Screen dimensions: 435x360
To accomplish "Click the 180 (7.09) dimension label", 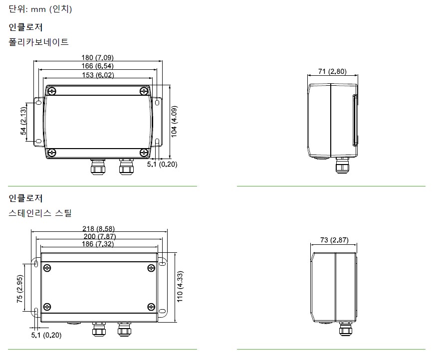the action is coord(97,57).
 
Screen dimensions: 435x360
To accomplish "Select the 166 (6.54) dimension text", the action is coord(97,66).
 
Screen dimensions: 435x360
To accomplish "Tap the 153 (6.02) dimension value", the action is coord(98,75).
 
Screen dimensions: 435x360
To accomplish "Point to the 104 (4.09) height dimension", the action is coord(174,122).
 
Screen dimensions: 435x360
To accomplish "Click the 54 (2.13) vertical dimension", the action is coord(23,121).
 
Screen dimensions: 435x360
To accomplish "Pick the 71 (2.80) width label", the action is coord(332,71).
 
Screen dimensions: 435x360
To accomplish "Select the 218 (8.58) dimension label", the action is coord(98,228).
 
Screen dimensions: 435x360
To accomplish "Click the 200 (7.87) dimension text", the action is coord(100,236).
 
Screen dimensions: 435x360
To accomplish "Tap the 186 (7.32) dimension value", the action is coord(98,244).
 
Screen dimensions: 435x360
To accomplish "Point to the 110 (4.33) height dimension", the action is coord(180,287).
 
